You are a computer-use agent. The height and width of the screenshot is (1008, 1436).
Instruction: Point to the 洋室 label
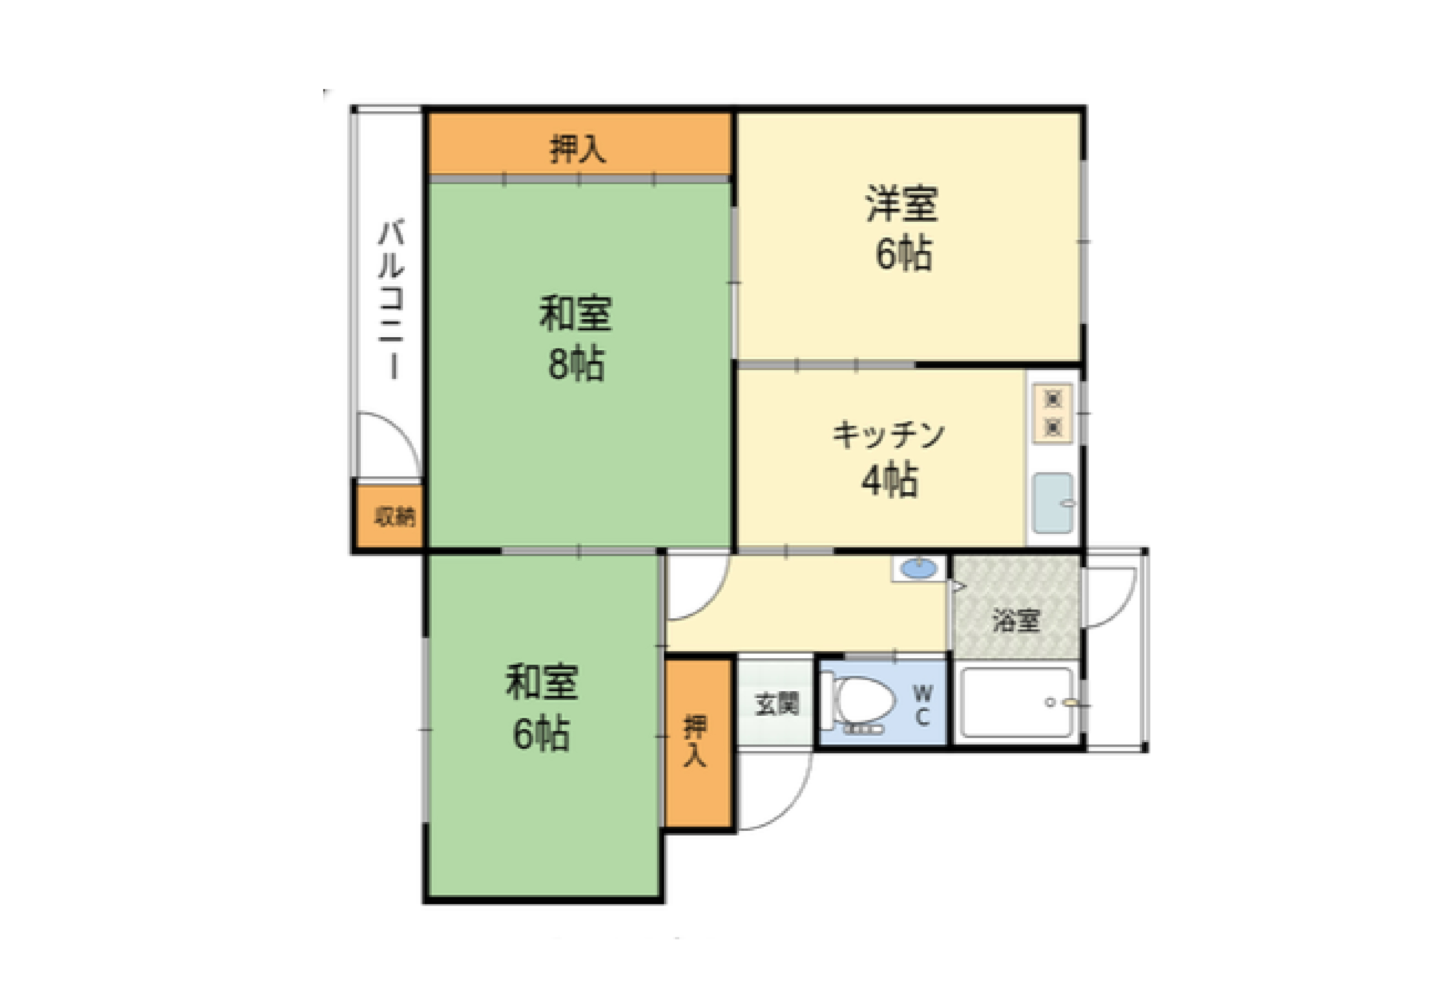pyautogui.click(x=901, y=203)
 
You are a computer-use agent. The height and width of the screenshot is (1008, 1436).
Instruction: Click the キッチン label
pyautogui.click(x=888, y=435)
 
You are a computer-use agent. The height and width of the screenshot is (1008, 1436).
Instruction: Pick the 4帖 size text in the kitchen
pyautogui.click(x=889, y=480)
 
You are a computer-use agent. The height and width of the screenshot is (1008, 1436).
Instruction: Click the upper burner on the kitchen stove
pyautogui.click(x=1053, y=398)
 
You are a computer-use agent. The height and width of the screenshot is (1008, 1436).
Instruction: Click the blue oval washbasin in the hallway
pyautogui.click(x=918, y=569)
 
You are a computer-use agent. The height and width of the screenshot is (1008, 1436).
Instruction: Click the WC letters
pyautogui.click(x=923, y=705)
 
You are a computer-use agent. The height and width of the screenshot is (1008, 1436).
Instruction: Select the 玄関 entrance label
pyautogui.click(x=777, y=704)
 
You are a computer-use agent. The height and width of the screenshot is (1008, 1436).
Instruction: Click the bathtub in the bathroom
pyautogui.click(x=1017, y=702)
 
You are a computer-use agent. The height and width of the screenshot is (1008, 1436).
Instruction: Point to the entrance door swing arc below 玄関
pyautogui.click(x=782, y=801)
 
